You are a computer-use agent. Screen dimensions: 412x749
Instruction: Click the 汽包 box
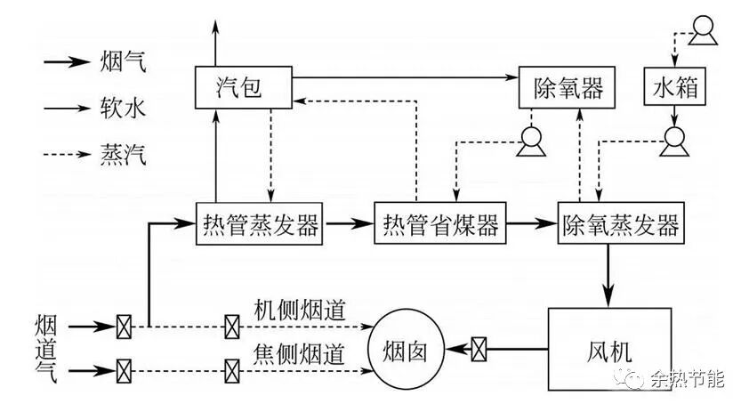(239, 88)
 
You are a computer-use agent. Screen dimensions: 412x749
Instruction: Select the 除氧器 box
(568, 87)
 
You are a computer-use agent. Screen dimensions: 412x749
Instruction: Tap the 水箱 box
(674, 87)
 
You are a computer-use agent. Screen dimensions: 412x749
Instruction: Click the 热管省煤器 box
(439, 224)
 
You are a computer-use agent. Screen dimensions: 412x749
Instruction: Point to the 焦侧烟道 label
(298, 352)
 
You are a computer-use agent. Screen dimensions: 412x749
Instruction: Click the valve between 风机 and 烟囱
(479, 347)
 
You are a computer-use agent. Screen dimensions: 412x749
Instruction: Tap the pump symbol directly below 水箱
(674, 139)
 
